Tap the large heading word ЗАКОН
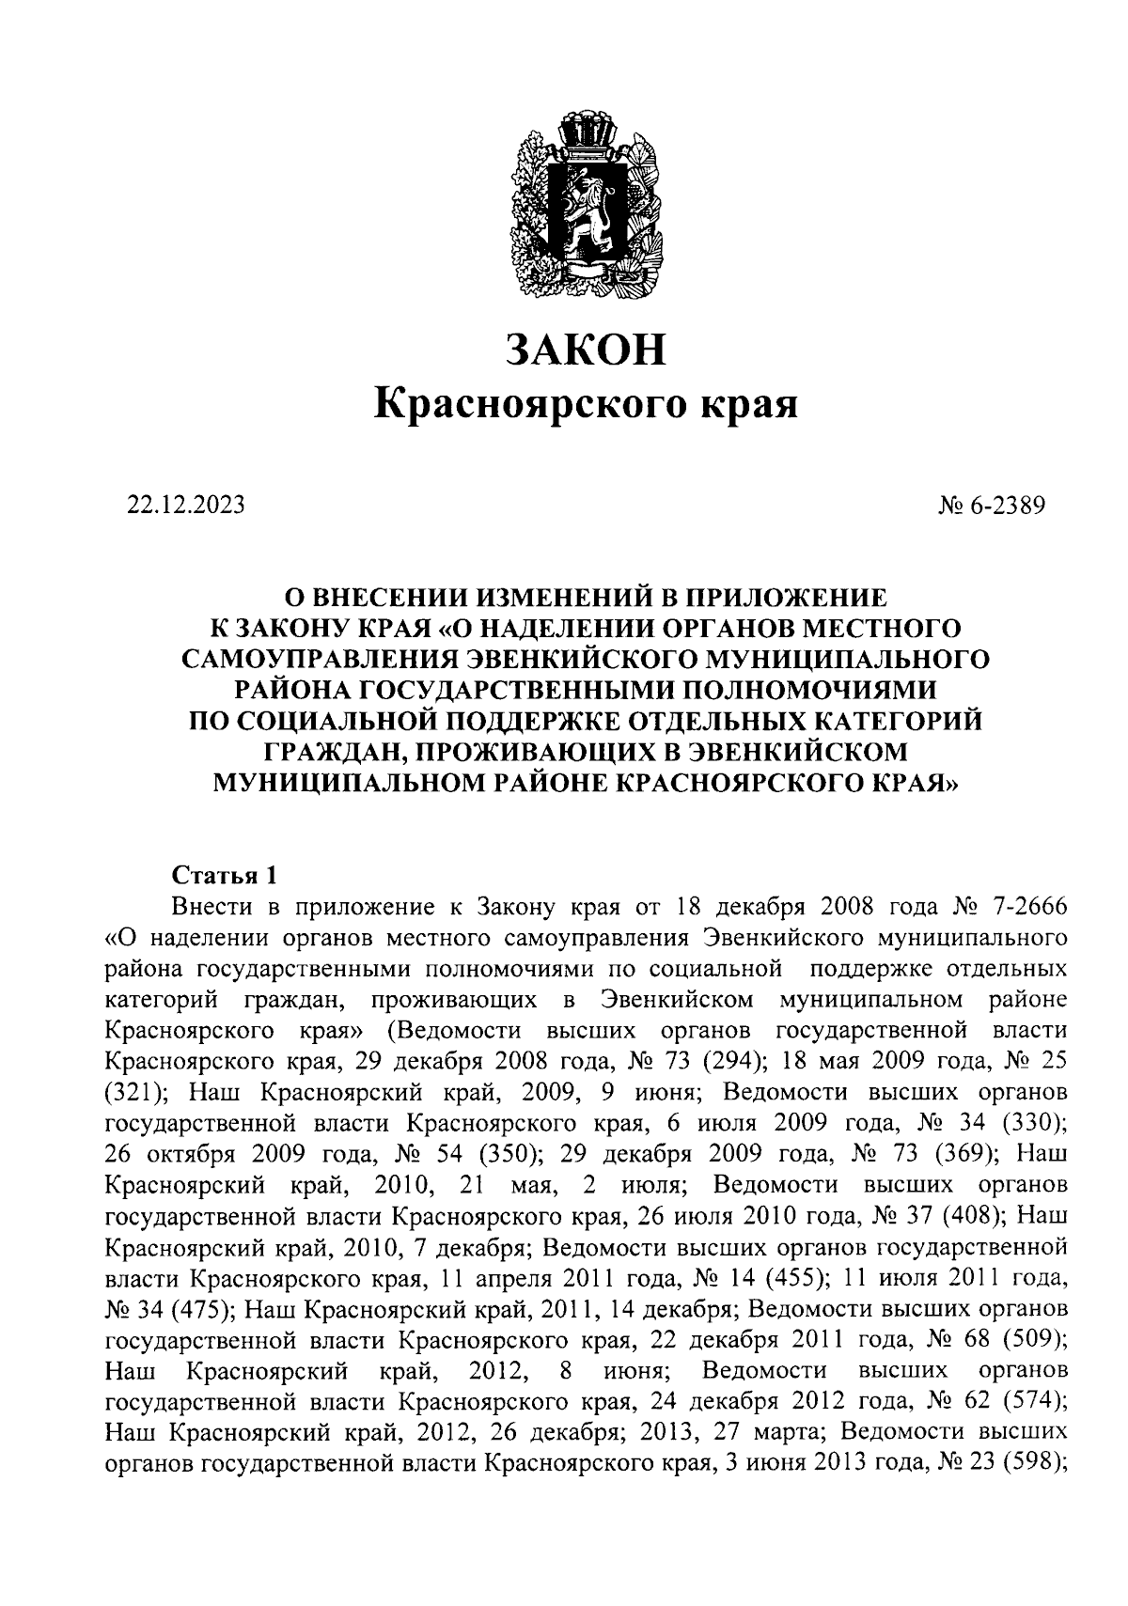click(586, 349)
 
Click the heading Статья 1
click(225, 876)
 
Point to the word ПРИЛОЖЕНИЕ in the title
click(788, 598)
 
